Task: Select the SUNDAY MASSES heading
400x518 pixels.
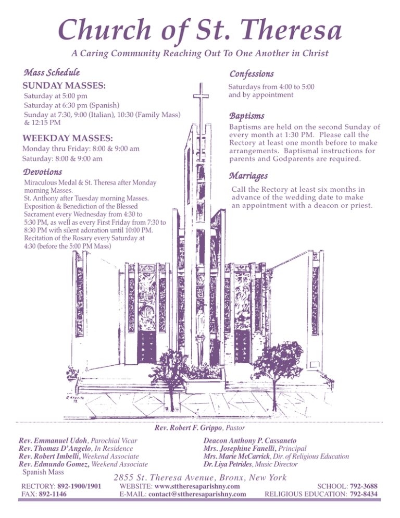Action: [65, 84]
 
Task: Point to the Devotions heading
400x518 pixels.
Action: [43, 171]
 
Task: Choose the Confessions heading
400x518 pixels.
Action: [252, 75]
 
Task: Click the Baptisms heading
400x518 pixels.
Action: [247, 115]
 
